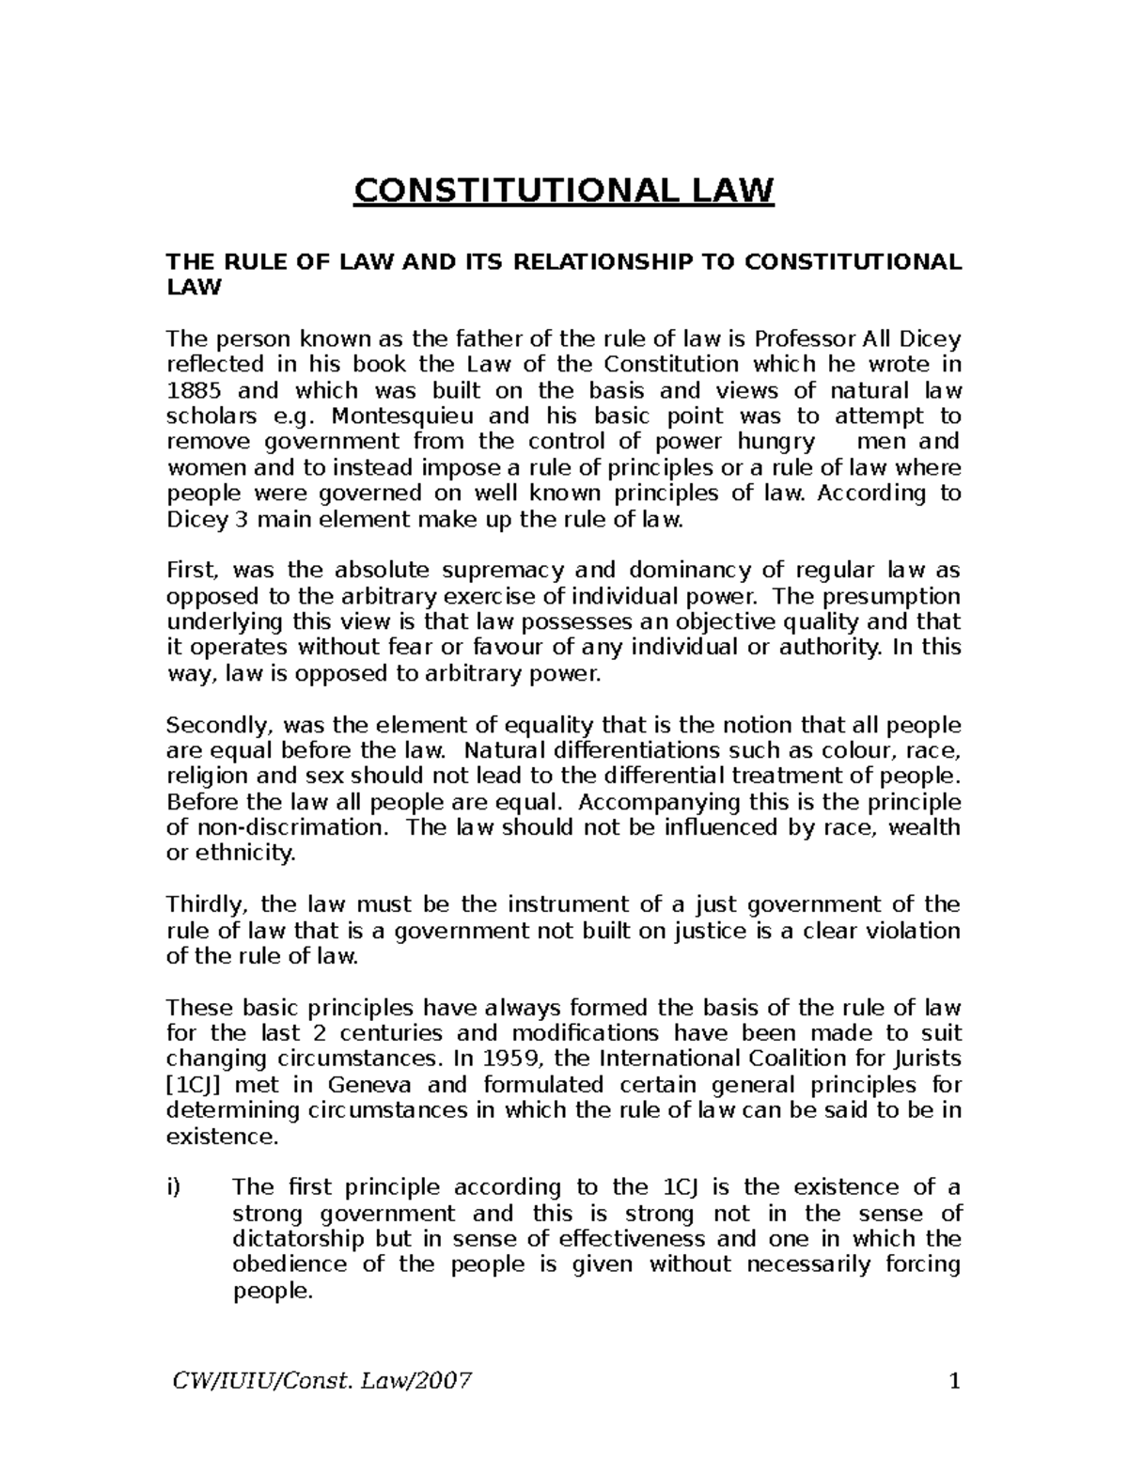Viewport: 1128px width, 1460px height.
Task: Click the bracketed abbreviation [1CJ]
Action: tap(195, 1085)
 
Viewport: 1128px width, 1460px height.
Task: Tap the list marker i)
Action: tap(173, 1187)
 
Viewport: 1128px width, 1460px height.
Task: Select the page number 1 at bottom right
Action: tap(955, 1382)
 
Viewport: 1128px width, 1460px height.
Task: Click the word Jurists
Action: tap(925, 1060)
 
